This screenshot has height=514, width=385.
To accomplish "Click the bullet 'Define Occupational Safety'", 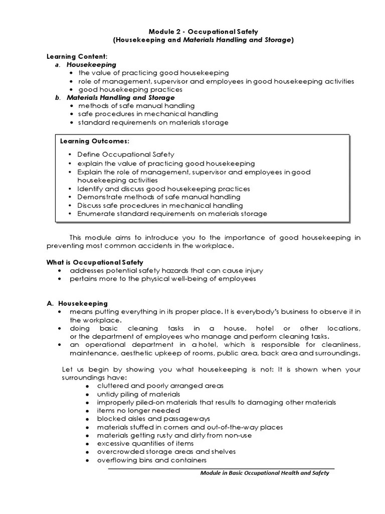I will pos(126,155).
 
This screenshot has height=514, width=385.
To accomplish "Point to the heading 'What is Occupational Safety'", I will pos(95,262).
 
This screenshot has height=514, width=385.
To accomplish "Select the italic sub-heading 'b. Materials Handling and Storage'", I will pos(120,97).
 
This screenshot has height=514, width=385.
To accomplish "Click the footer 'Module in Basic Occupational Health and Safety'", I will pos(264,473).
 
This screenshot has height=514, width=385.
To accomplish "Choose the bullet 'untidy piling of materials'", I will pos(138,394).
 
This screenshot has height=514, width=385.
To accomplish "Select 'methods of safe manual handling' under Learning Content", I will pos(136,106).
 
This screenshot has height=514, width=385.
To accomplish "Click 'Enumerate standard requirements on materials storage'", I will pos(172,213).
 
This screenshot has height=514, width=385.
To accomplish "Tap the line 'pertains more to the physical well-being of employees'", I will pos(162,279).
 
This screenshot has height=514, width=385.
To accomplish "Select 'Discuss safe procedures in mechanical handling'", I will pos(160,205).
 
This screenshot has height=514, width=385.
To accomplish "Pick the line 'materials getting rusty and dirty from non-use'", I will pos(174,435).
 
